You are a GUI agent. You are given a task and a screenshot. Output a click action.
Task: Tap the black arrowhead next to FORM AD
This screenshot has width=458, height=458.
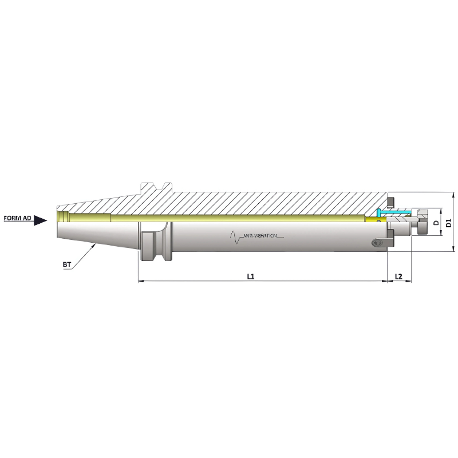tap(40, 220)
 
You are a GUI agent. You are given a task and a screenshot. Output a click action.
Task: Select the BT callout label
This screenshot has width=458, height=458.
tap(67, 264)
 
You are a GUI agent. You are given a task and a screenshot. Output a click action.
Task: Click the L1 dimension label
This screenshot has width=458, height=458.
tap(250, 276)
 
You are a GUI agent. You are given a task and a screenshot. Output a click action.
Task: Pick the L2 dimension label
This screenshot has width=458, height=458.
tap(399, 276)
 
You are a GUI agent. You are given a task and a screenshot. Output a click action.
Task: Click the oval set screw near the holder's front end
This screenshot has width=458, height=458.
tap(376, 243)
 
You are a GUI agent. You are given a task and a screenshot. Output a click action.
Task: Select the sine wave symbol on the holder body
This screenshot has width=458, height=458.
tap(235, 236)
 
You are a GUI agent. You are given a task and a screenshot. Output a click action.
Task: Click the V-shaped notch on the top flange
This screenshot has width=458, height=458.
tap(162, 186)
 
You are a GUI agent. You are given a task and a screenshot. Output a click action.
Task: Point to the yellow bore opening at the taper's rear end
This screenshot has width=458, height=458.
tap(62, 216)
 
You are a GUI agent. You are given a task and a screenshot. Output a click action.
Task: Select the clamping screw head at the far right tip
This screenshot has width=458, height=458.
tap(424, 224)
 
